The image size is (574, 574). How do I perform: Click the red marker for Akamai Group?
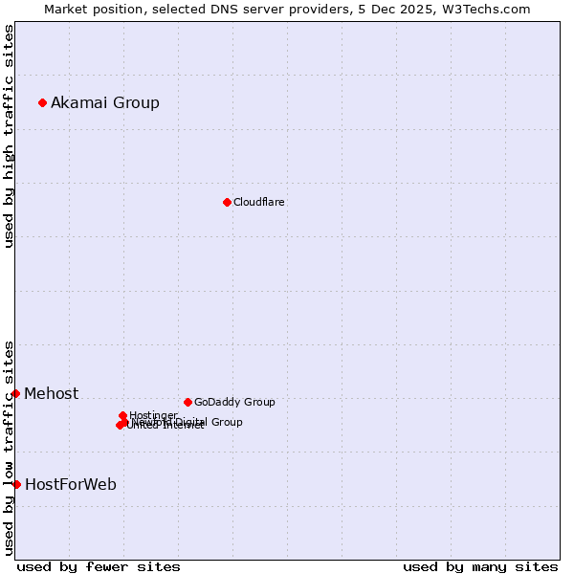[x=42, y=102]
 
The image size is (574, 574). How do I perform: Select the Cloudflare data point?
[x=227, y=202]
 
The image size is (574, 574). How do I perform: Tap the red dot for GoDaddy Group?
[x=188, y=402]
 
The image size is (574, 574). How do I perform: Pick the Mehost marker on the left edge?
[x=15, y=393]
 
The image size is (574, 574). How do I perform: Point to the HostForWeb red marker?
[x=16, y=484]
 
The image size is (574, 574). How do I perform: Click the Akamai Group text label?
[x=105, y=102]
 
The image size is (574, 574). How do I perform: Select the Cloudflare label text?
[x=259, y=202]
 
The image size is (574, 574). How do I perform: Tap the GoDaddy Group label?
[x=234, y=402]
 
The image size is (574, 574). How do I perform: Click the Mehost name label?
[x=52, y=393]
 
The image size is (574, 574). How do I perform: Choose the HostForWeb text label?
[x=71, y=484]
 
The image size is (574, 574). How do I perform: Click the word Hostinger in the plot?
[x=153, y=415]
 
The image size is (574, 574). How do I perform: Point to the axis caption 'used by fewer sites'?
[x=99, y=566]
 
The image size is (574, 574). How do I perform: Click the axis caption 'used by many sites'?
[x=480, y=566]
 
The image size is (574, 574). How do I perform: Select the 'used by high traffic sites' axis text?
[x=9, y=136]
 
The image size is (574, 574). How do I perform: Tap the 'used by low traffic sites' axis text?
[x=9, y=448]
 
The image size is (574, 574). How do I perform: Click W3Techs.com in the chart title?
[x=489, y=9]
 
